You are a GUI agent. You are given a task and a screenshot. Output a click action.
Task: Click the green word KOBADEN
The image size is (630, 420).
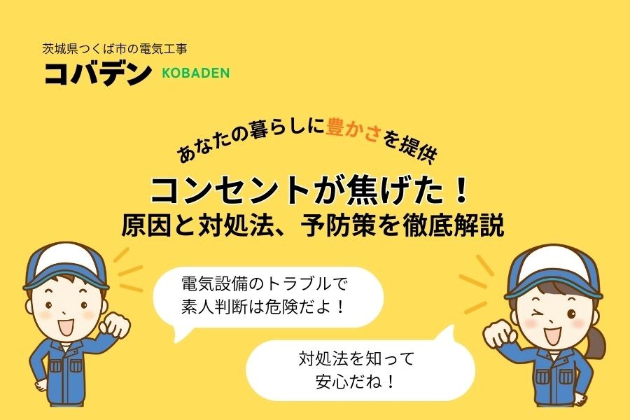pos(195,72)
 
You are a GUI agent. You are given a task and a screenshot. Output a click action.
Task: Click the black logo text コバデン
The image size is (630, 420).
pos(97,72)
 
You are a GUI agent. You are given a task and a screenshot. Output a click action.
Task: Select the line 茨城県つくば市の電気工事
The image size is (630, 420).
pos(115,50)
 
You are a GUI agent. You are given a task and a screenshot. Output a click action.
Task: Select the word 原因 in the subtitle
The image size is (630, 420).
pos(144,227)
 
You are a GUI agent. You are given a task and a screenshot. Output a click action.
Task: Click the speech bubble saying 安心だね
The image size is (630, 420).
pos(360,370)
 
